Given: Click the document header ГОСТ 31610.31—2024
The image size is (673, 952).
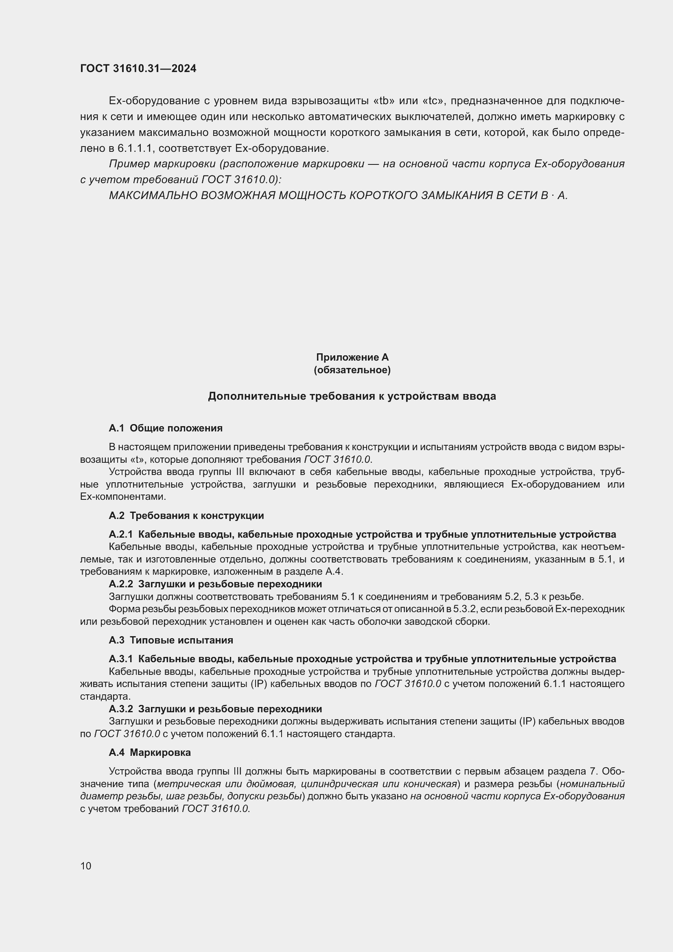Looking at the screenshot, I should click(x=138, y=68).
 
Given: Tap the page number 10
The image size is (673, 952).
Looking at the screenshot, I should click(x=86, y=866).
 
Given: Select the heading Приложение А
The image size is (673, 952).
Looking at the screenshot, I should click(x=352, y=357).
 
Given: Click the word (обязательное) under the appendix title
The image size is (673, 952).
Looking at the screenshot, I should click(x=352, y=370).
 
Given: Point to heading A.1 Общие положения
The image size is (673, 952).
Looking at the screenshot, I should click(x=165, y=428).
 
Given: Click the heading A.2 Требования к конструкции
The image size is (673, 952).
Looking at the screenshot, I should click(x=186, y=515).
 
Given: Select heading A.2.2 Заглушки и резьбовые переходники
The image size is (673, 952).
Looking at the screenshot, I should click(x=215, y=584).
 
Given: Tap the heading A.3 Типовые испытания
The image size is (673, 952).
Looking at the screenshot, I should click(x=171, y=640).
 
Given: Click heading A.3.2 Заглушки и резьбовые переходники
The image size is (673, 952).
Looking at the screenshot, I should click(x=215, y=709).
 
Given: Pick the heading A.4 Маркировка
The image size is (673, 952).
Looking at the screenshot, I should click(x=150, y=752).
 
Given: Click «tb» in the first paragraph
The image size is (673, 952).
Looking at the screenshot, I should click(x=384, y=101).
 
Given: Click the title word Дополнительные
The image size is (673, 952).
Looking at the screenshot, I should click(x=256, y=396).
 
